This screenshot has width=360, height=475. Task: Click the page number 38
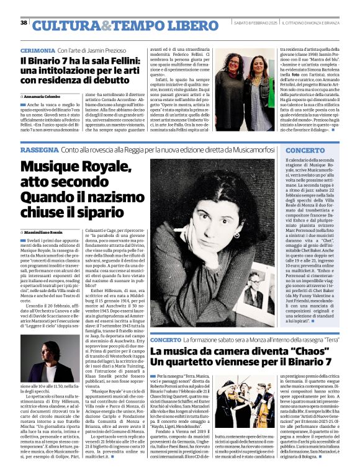click(24, 23)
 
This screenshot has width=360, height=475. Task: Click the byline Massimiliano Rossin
click(47, 231)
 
